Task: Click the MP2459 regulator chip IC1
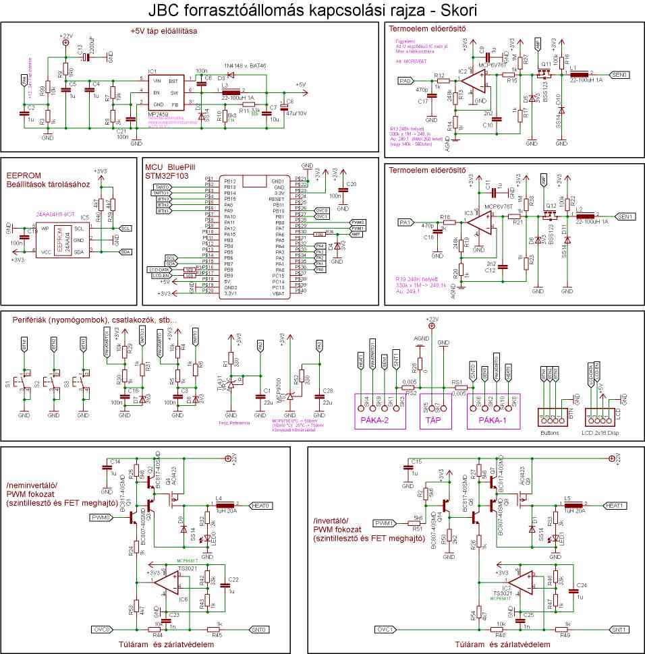coord(165,92)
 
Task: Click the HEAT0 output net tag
coord(260,505)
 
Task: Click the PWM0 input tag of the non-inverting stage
coord(101,517)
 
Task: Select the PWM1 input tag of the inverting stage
coord(385,523)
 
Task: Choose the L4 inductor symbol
coord(225,505)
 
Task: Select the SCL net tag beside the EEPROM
coord(125,228)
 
